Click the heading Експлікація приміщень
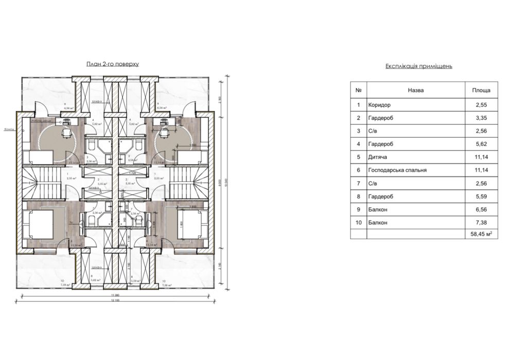tap(418, 67)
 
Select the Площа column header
tap(481, 90)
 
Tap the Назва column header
tap(415, 90)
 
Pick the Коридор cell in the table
tap(379, 104)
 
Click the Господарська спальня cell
tap(397, 170)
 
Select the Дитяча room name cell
tap(378, 157)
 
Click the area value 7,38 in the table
tap(481, 222)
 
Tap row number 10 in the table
tap(358, 222)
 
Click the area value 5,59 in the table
tap(481, 196)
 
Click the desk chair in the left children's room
tap(65, 132)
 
